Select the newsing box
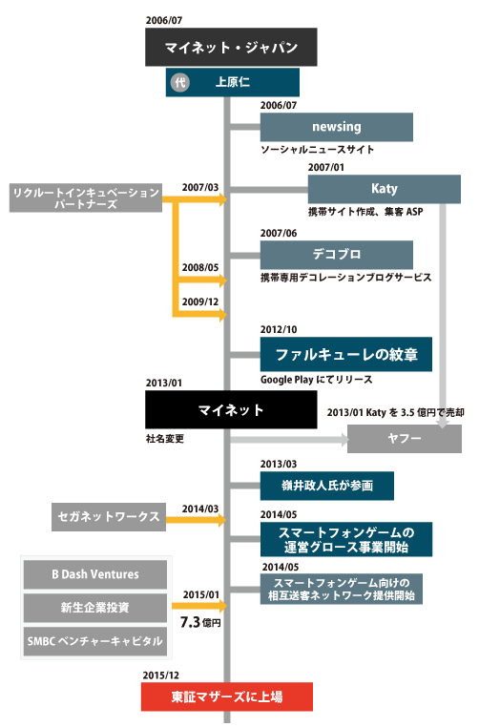pos(336,127)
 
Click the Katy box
pos(385,189)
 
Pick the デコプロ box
pos(336,255)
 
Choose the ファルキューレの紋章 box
pos(345,354)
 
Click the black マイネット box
pos(230,410)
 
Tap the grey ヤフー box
pos(398,439)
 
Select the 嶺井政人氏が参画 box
pos(326,486)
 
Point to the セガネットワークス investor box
pos(108,517)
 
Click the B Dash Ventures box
pos(95,574)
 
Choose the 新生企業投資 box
pos(95,607)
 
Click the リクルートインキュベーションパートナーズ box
pos(86,198)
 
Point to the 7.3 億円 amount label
pos(200,622)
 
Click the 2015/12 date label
pos(162,674)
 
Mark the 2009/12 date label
pos(201,301)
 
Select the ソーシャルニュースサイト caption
pos(317,150)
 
